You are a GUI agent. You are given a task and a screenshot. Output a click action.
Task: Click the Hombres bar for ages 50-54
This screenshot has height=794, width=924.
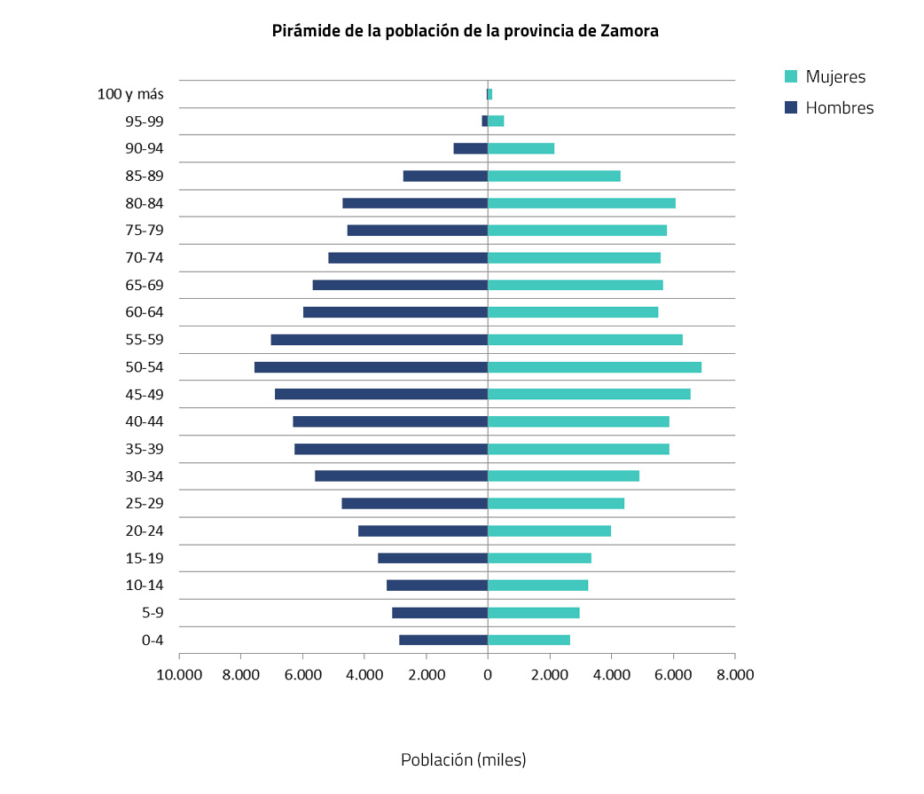(x=371, y=367)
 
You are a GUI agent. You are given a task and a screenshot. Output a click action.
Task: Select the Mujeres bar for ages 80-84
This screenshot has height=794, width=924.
(x=582, y=203)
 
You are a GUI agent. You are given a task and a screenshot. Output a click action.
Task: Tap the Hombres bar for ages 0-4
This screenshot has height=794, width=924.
(x=443, y=640)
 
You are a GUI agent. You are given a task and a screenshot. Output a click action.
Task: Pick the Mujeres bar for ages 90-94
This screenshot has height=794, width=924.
(x=521, y=149)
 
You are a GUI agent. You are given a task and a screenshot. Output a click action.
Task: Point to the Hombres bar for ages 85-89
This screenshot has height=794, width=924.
(x=445, y=176)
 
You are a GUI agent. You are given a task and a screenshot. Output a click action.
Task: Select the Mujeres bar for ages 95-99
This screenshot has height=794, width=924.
(x=496, y=122)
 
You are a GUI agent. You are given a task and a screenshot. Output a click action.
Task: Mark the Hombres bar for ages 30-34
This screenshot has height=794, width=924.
(x=401, y=476)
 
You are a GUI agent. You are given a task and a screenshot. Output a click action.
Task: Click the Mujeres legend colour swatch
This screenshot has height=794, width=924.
(x=792, y=77)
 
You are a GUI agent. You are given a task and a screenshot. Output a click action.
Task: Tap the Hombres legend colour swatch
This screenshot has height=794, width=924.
(x=792, y=107)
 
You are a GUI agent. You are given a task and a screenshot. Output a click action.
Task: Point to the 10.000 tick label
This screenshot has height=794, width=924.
(x=179, y=674)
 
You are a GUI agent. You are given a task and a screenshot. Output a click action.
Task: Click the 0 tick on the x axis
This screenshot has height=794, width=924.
(x=488, y=674)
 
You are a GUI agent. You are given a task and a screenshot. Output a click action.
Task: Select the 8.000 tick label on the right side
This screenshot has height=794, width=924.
(x=734, y=674)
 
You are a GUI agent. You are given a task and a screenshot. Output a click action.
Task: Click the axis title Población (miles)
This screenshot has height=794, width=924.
(x=463, y=760)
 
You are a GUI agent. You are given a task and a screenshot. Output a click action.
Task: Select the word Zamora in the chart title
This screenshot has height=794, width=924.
(x=629, y=31)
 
